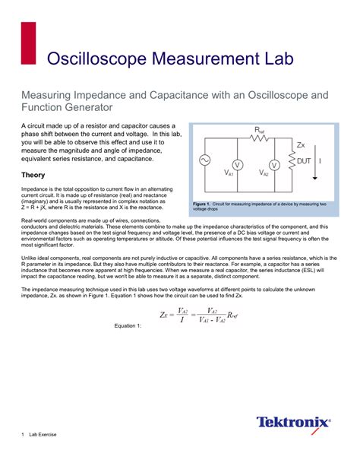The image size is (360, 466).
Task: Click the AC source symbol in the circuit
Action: [x=204, y=160]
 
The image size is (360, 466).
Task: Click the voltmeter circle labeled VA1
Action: [x=236, y=164]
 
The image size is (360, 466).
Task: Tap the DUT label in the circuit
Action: [x=304, y=160]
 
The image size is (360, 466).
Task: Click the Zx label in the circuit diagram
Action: [x=300, y=144]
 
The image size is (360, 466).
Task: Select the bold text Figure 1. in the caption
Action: [x=204, y=204]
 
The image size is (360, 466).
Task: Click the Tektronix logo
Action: [x=293, y=422]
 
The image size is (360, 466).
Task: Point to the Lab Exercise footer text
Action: [x=43, y=434]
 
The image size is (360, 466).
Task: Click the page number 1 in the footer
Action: [x=22, y=434]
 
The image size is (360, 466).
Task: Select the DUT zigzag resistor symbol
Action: [x=292, y=161]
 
